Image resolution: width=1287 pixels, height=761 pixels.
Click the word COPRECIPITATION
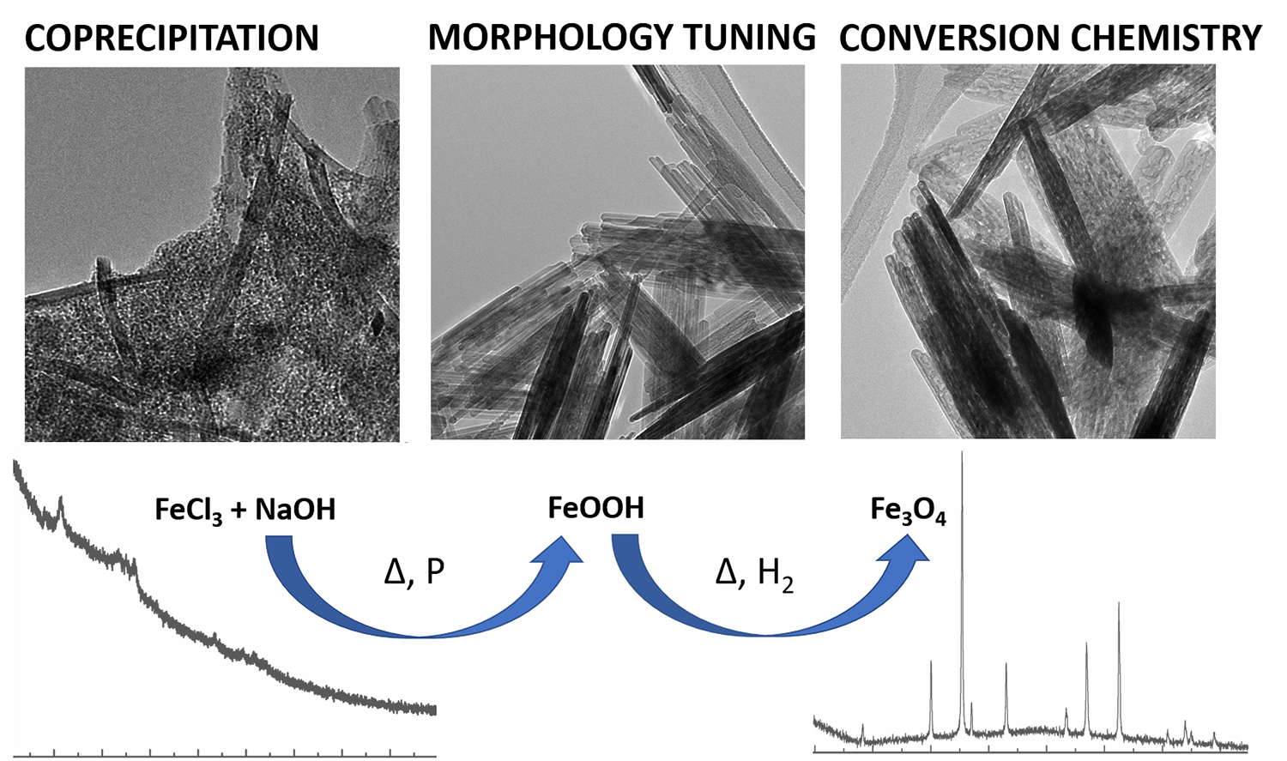(172, 39)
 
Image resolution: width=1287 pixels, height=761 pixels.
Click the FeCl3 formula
(189, 510)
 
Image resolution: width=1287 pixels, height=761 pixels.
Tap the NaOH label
(295, 510)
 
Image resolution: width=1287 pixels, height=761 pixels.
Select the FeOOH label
(595, 508)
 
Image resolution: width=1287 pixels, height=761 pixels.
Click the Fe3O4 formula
(908, 510)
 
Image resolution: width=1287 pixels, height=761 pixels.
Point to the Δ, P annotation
(414, 571)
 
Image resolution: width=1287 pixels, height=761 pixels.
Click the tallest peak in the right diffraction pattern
(962, 456)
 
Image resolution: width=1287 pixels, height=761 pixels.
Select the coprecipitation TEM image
(212, 255)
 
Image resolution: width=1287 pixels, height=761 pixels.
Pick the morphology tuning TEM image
(618, 253)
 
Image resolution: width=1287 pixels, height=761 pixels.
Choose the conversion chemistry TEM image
(1028, 253)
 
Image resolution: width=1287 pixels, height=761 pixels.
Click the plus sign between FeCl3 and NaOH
(240, 510)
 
